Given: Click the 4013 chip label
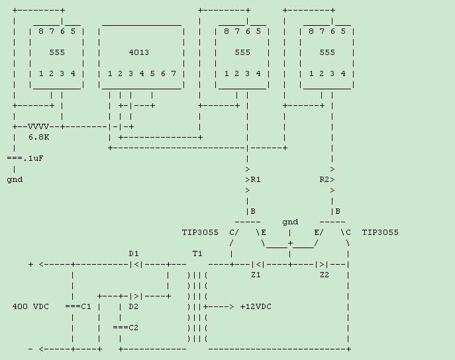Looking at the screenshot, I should (x=142, y=52).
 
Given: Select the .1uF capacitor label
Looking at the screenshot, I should (x=33, y=158).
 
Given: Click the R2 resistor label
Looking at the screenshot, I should (x=324, y=179).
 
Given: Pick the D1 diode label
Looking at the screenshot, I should (x=134, y=253).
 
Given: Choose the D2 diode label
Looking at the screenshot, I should (x=134, y=306).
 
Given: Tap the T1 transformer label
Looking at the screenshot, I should (x=197, y=253).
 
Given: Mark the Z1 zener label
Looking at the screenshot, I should (x=256, y=275).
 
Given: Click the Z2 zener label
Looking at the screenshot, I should (x=325, y=275).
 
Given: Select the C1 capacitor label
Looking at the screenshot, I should (x=83, y=306).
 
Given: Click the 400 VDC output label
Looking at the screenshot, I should (x=30, y=306).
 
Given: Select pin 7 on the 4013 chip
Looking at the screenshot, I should (x=174, y=73).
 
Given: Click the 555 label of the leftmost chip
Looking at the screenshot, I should (x=57, y=52).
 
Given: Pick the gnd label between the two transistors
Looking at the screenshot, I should (x=290, y=222).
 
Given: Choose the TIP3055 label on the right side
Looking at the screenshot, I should (x=380, y=232).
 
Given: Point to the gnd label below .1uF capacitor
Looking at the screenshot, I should (x=15, y=179).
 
